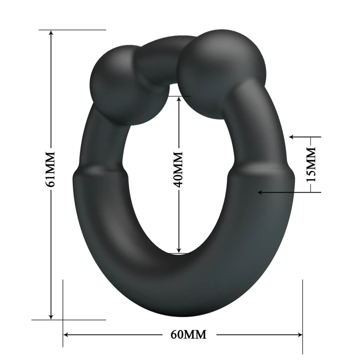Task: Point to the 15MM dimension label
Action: point(311,164)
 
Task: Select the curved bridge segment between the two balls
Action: point(160,57)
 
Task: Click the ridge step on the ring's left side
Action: point(100,172)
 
